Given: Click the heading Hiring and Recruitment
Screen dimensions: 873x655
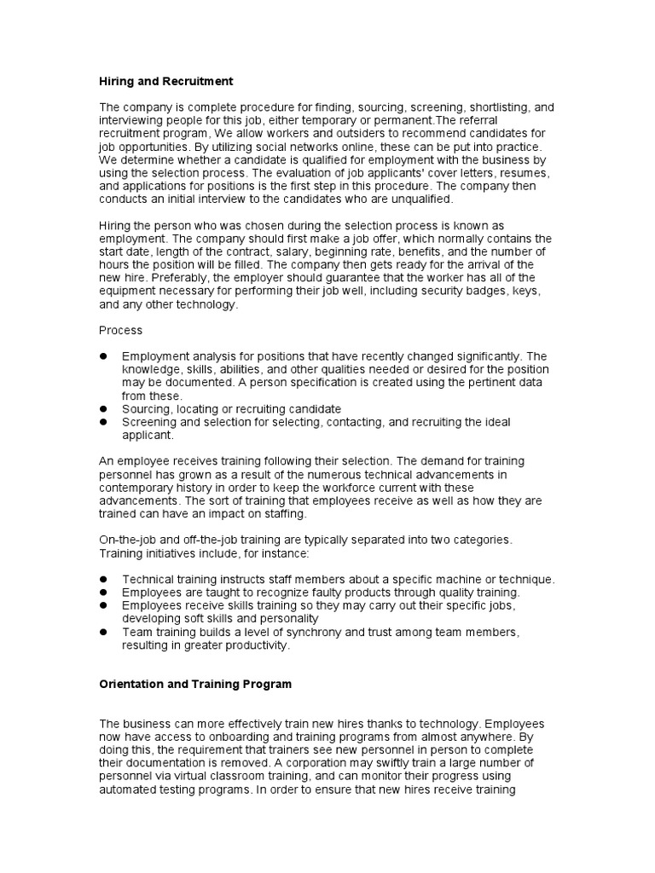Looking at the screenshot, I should pyautogui.click(x=165, y=81).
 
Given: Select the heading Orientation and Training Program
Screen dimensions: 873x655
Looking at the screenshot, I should pyautogui.click(x=195, y=684).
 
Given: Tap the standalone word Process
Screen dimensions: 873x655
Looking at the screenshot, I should pyautogui.click(x=121, y=329).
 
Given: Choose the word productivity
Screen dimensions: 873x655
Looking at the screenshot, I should pyautogui.click(x=256, y=645).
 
